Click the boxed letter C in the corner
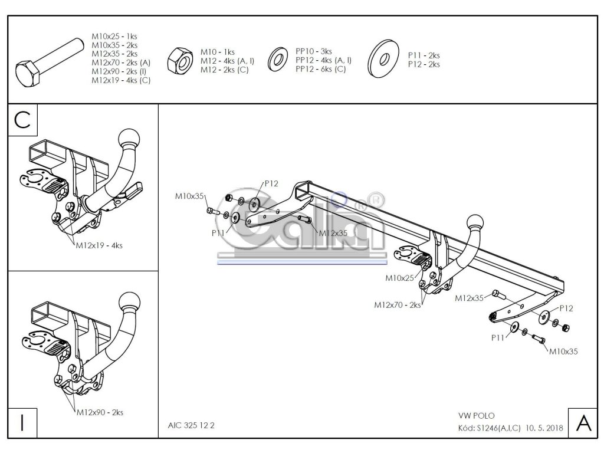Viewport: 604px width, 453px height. click(22, 120)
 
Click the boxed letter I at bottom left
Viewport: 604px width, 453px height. click(22, 423)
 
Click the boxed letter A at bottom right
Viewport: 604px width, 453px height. click(582, 423)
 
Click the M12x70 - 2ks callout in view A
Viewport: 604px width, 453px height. click(397, 305)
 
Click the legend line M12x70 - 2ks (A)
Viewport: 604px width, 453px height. click(121, 62)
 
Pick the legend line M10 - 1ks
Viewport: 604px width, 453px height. click(218, 52)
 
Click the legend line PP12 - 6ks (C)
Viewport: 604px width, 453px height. click(321, 69)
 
